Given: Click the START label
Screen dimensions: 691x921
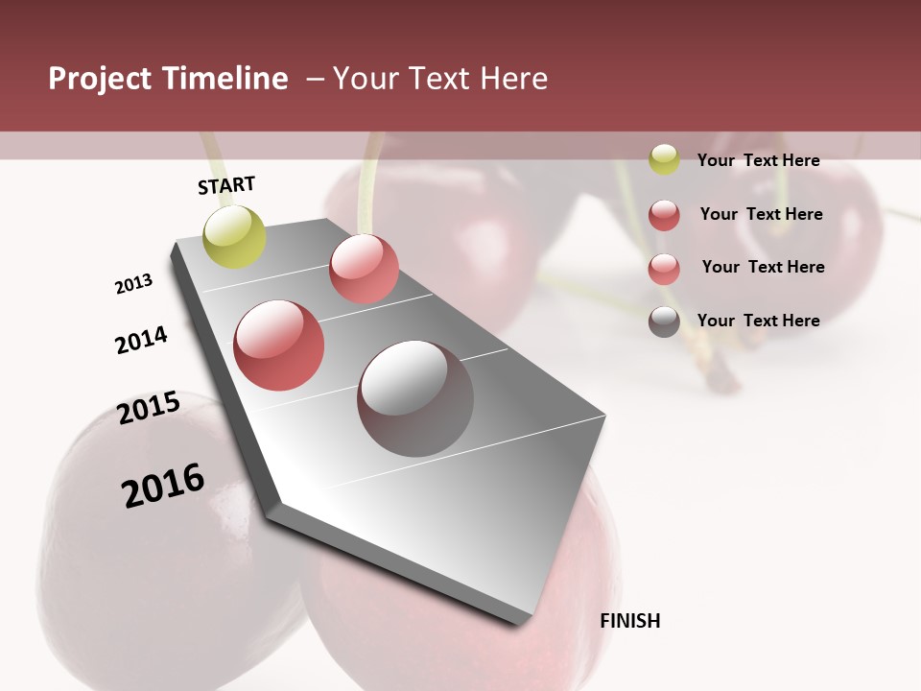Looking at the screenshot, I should pyautogui.click(x=226, y=185).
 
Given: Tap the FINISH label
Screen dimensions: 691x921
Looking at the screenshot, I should pyautogui.click(x=630, y=621).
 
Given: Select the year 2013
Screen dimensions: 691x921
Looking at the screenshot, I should pyautogui.click(x=133, y=284).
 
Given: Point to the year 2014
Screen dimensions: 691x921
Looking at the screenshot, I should pyautogui.click(x=141, y=340).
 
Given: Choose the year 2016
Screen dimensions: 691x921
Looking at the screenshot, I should pyautogui.click(x=163, y=486).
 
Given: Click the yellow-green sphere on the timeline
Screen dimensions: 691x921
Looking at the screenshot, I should pyautogui.click(x=234, y=237).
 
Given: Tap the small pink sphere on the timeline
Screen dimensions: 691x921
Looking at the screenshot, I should pyautogui.click(x=364, y=268).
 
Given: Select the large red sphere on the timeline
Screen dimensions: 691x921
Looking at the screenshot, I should pyautogui.click(x=279, y=345).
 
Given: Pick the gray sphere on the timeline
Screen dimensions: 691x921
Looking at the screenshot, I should pyautogui.click(x=415, y=397).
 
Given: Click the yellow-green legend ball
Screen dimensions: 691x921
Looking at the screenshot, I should pyautogui.click(x=664, y=160).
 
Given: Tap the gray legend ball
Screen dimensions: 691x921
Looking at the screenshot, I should pyautogui.click(x=664, y=322).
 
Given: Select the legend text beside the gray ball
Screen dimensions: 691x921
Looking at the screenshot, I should pyautogui.click(x=758, y=321).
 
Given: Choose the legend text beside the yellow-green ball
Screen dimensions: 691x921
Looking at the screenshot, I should pyautogui.click(x=758, y=160).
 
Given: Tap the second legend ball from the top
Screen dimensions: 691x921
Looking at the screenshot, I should pyautogui.click(x=664, y=215).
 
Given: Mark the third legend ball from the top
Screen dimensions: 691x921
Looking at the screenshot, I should pyautogui.click(x=664, y=269).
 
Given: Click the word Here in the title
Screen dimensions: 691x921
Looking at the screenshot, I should pyautogui.click(x=514, y=79).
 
